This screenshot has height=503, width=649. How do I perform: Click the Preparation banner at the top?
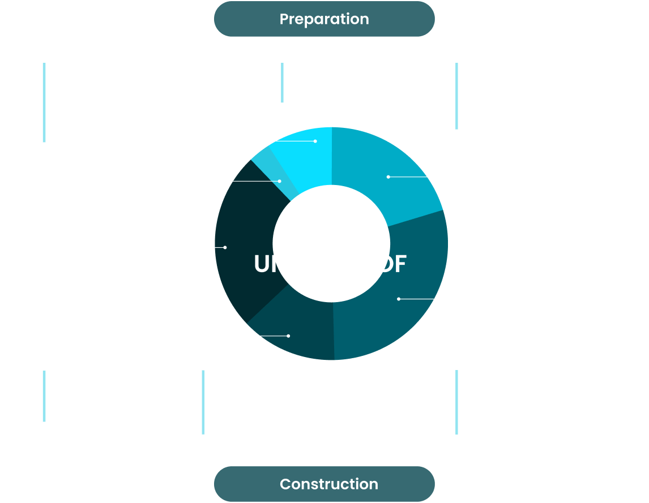click(x=324, y=19)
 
